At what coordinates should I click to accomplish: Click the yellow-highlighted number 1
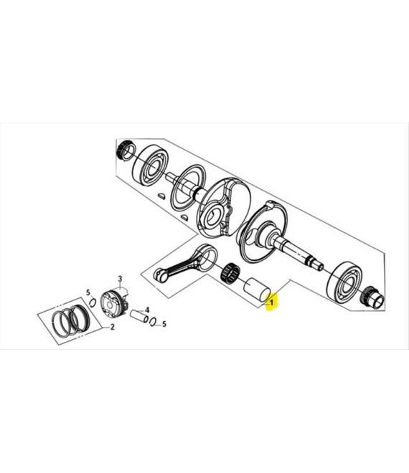click(271, 302)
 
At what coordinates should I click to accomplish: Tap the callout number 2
click(113, 327)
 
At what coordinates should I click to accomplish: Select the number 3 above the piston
click(120, 279)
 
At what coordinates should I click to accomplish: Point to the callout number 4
click(147, 310)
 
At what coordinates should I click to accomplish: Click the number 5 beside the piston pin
click(164, 324)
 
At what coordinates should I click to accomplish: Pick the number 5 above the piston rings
click(88, 292)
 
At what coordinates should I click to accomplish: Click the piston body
click(113, 302)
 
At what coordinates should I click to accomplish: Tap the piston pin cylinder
click(139, 315)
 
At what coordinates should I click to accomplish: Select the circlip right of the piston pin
click(153, 322)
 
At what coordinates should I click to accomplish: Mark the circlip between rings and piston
click(93, 302)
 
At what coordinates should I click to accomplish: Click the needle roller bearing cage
click(230, 273)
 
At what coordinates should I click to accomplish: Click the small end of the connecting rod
click(160, 274)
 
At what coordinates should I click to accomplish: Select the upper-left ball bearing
click(152, 166)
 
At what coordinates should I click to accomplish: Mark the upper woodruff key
click(162, 196)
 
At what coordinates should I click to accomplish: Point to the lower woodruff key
click(184, 216)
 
